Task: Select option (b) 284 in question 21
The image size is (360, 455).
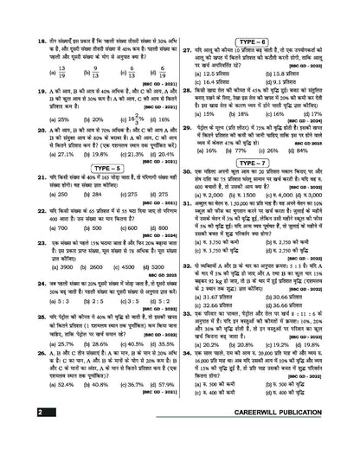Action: point(77,220)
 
